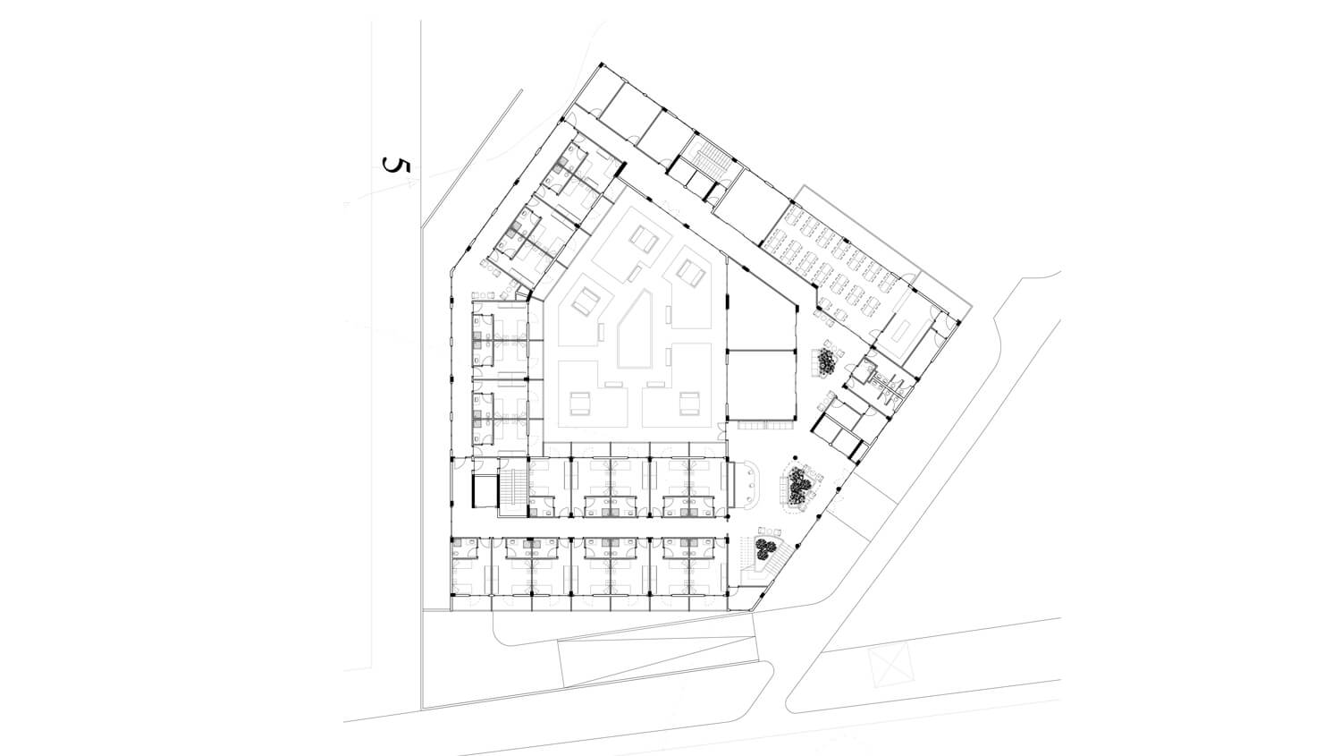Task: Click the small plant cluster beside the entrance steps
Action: pyautogui.click(x=763, y=548)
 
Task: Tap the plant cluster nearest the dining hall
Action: pyautogui.click(x=827, y=361)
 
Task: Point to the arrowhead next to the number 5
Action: pyautogui.click(x=410, y=183)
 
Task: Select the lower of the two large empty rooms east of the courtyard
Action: pyautogui.click(x=762, y=384)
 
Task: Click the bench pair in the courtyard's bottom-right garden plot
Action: pyautogui.click(x=689, y=403)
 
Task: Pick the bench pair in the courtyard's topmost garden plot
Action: pyautogui.click(x=645, y=239)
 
